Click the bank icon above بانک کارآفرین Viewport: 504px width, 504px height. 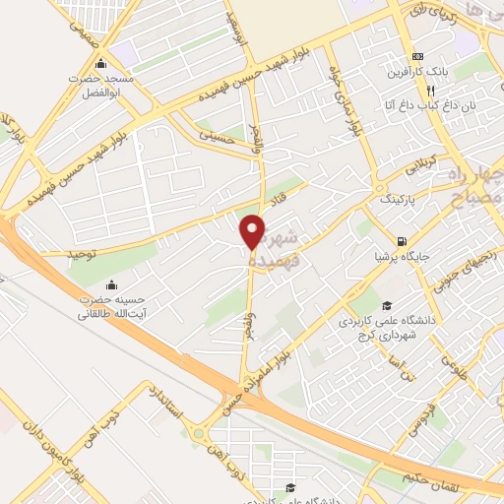tap(419, 55)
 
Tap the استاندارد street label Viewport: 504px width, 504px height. tap(163, 402)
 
